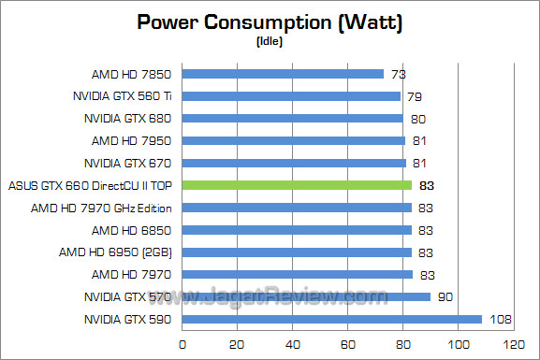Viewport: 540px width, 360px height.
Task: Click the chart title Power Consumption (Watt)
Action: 270,22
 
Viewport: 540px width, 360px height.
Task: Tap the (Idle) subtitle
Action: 270,42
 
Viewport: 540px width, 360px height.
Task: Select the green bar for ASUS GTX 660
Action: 297,185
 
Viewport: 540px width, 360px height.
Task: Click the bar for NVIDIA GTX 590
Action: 331,320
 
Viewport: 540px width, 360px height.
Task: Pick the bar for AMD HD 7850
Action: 283,73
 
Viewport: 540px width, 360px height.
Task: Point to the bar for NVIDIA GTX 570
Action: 306,297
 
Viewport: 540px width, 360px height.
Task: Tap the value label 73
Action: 399,73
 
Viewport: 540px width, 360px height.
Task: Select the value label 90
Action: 445,297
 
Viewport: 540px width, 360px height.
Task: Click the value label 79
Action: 415,95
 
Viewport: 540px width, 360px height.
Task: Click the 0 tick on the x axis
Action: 182,345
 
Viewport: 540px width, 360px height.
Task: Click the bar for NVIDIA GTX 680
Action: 292,118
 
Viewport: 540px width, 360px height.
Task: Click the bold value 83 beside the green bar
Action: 427,185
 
